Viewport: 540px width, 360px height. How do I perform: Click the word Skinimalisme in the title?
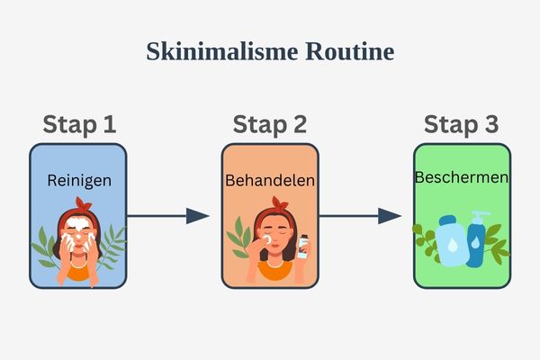pyautogui.click(x=212, y=52)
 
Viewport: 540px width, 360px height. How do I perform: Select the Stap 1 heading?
pyautogui.click(x=80, y=125)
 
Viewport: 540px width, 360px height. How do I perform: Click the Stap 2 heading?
pyautogui.click(x=270, y=125)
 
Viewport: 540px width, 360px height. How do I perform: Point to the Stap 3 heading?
pyautogui.click(x=462, y=125)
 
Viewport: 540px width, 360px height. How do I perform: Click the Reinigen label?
pyautogui.click(x=79, y=181)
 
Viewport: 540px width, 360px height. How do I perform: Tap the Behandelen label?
pyautogui.click(x=270, y=181)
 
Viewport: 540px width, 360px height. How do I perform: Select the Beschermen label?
pyautogui.click(x=462, y=177)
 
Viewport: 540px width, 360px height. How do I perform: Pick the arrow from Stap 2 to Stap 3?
pyautogui.click(x=360, y=216)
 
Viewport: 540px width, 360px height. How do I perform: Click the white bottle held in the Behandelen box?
pyautogui.click(x=302, y=247)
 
